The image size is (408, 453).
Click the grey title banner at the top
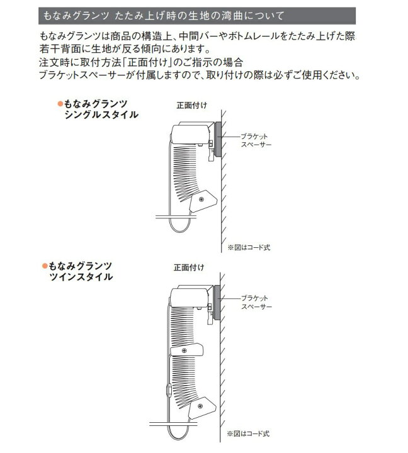[x=197, y=16]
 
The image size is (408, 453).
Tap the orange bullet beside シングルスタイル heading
[x=60, y=104]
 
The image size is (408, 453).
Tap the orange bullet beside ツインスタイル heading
[x=45, y=266]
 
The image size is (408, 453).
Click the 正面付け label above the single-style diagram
[x=191, y=106]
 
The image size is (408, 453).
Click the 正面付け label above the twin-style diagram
[x=189, y=267]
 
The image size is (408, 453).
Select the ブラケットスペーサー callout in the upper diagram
[x=256, y=140]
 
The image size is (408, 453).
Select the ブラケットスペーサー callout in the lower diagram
[x=256, y=302]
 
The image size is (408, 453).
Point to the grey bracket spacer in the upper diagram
[x=218, y=139]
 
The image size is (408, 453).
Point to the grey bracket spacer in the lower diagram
[x=217, y=302]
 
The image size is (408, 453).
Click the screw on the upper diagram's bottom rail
[x=201, y=199]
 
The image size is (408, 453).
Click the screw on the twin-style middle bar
[x=184, y=350]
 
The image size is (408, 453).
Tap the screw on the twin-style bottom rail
[x=200, y=406]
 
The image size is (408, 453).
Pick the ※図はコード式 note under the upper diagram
[x=249, y=247]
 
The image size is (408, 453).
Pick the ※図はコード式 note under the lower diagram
[x=248, y=433]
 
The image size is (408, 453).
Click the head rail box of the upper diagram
[x=191, y=134]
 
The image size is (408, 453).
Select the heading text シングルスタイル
[x=101, y=115]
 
